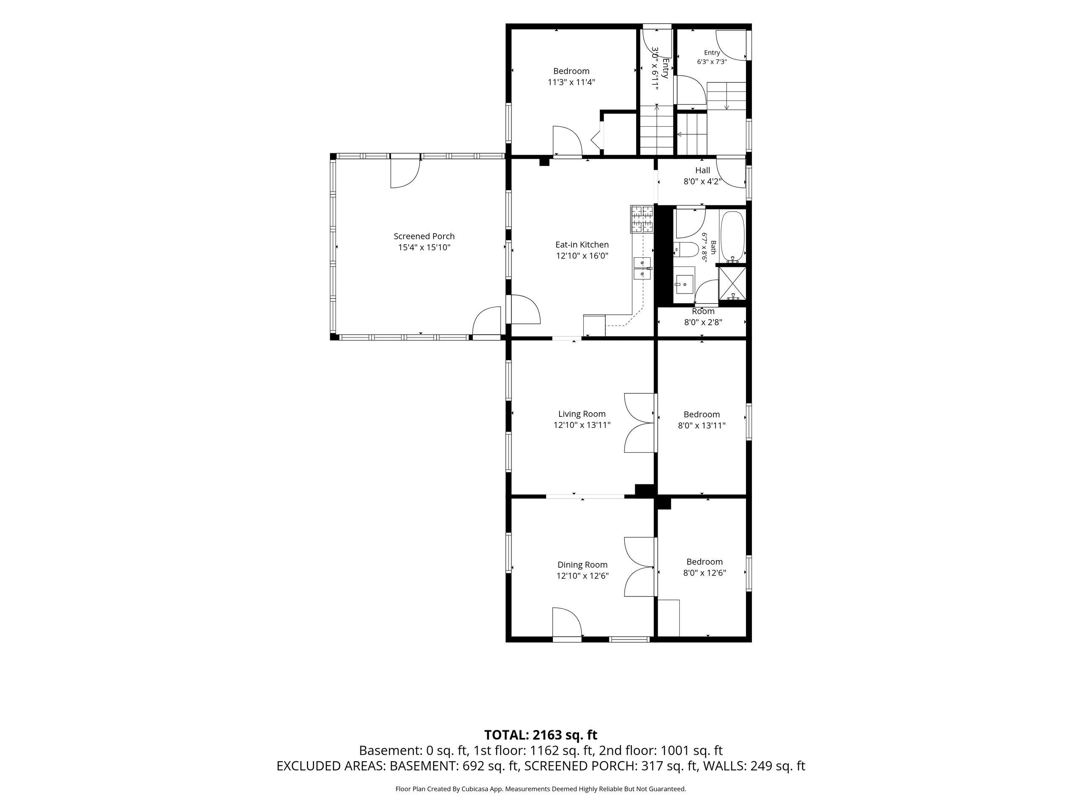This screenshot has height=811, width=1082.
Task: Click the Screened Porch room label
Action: (424, 242)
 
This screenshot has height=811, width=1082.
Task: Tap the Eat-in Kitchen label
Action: (582, 250)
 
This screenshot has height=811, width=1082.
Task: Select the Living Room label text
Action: (582, 419)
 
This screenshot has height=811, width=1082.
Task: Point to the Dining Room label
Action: (582, 570)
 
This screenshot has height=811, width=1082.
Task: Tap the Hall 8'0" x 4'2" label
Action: (702, 175)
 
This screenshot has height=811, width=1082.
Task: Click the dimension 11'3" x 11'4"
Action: (571, 82)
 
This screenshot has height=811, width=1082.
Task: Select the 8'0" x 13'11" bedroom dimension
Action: (702, 425)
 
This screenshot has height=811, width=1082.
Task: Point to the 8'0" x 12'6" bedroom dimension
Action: (705, 572)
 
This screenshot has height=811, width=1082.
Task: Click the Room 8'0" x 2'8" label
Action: (703, 317)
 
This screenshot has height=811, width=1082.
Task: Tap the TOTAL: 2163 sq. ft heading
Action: (541, 735)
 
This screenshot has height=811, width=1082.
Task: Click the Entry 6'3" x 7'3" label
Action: (712, 57)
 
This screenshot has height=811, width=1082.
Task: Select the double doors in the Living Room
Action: (640, 422)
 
